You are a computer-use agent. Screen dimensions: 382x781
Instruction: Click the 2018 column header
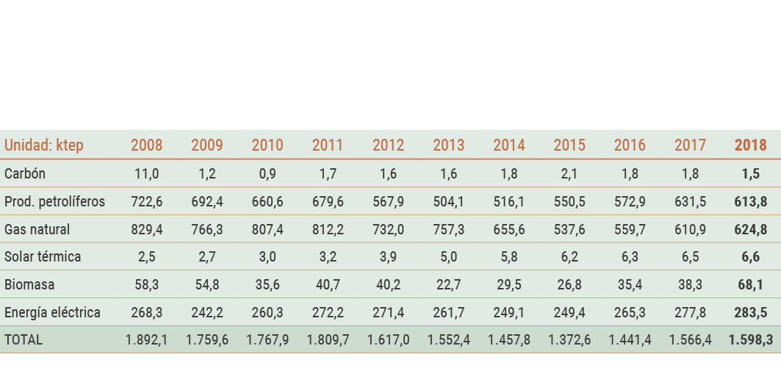pos(750,145)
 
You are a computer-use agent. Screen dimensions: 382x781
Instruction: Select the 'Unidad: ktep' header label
pos(44,145)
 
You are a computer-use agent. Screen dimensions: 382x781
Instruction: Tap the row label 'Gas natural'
pos(37,229)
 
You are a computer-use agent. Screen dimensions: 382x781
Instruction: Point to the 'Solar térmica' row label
pos(43,257)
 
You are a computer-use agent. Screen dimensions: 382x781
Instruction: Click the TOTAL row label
pos(24,340)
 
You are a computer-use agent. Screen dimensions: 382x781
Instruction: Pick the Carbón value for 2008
pos(146,174)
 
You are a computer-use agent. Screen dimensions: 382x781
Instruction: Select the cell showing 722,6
pos(146,202)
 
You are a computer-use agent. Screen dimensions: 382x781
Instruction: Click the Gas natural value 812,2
pos(328,229)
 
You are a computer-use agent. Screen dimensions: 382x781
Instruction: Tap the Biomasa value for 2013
pos(448,285)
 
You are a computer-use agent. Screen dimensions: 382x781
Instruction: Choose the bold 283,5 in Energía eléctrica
pos(750,312)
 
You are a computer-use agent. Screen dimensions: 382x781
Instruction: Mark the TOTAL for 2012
pos(388,340)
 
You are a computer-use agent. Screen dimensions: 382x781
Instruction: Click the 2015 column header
pos(569,145)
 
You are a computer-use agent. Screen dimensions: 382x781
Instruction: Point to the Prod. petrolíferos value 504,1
pos(448,202)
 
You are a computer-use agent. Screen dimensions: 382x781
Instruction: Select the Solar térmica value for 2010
pos(267,257)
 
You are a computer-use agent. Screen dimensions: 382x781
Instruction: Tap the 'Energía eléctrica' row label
pos(52,312)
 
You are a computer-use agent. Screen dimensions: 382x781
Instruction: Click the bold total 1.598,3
pos(750,340)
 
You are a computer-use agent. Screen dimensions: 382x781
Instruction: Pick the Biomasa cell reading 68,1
pos(750,285)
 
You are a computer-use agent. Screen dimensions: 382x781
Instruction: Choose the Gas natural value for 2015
pos(569,229)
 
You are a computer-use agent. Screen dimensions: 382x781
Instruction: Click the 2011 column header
pos(328,145)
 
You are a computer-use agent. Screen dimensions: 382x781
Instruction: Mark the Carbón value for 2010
pos(267,174)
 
